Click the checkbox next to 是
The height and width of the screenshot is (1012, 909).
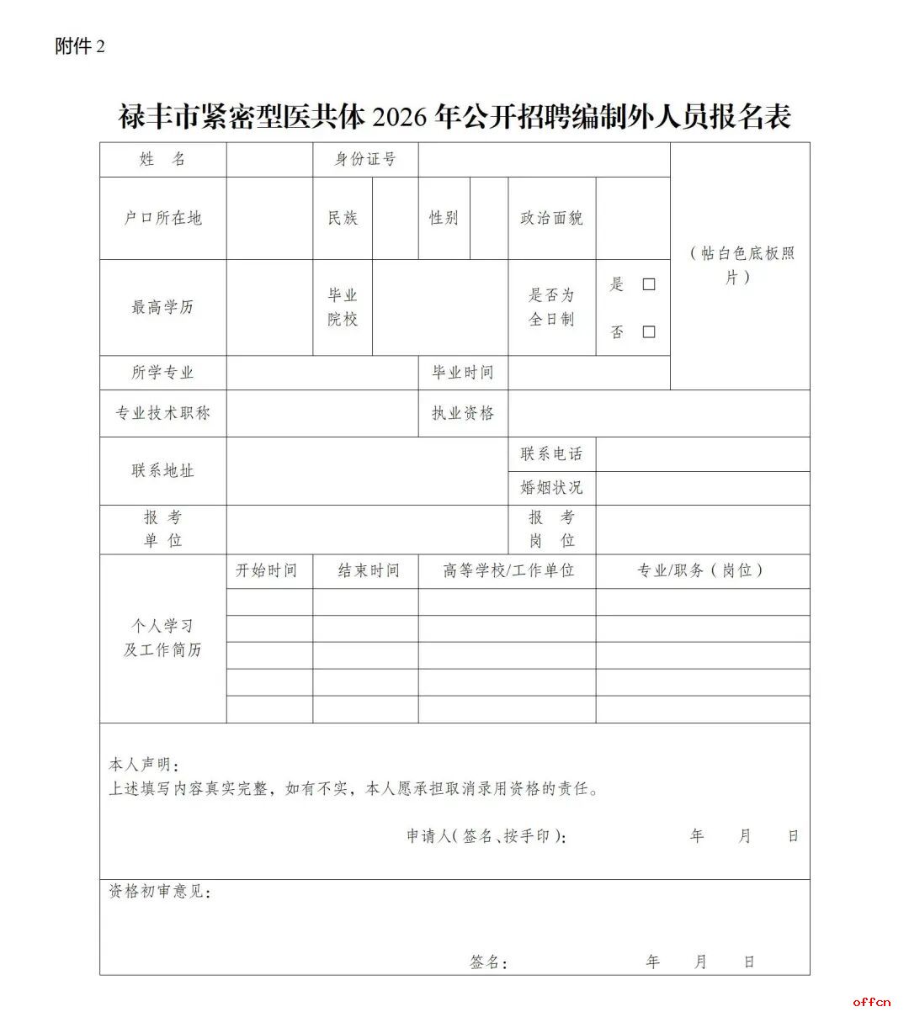(648, 284)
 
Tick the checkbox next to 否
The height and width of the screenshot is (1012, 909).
(648, 331)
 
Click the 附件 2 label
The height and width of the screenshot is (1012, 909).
(80, 46)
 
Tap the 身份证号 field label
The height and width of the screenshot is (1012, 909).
(365, 159)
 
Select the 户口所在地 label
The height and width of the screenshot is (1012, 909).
(162, 218)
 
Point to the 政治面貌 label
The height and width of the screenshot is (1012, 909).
(551, 218)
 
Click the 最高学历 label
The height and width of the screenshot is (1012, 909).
(162, 307)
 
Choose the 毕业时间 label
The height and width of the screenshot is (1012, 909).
(462, 373)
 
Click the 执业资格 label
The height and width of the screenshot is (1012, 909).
(462, 413)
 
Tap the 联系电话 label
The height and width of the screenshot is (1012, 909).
(551, 454)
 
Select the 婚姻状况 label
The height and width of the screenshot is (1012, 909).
(551, 488)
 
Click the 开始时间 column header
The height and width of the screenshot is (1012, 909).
(266, 570)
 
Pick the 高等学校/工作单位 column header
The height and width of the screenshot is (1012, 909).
(508, 570)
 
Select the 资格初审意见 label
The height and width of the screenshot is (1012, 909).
(159, 891)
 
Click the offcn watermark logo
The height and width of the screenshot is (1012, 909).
(872, 1000)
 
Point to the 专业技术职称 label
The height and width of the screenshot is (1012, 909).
(162, 413)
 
